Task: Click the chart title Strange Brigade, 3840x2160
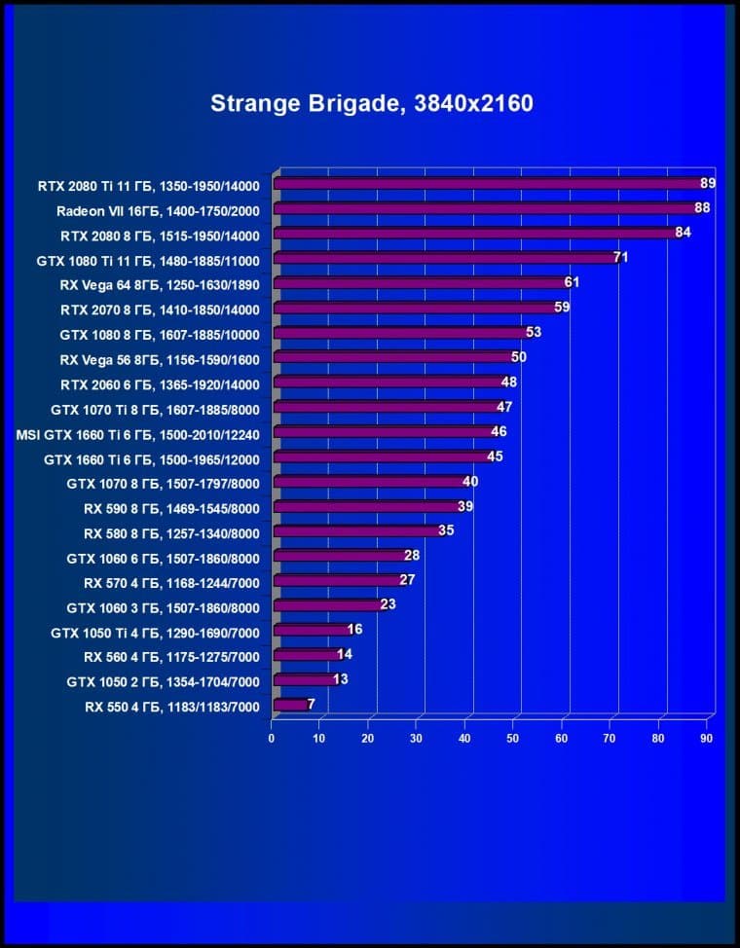(371, 103)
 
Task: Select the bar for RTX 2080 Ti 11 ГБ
(487, 183)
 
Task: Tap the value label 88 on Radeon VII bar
(701, 208)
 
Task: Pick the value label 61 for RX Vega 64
(572, 282)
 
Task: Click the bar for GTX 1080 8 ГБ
(399, 333)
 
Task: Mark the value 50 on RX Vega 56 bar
(518, 357)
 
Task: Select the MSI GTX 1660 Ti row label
(138, 432)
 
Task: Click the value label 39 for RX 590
(465, 506)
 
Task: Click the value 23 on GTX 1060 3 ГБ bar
(388, 604)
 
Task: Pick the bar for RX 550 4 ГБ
(289, 704)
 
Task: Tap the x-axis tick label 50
(513, 739)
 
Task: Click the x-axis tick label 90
(707, 739)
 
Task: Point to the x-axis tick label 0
(272, 739)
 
